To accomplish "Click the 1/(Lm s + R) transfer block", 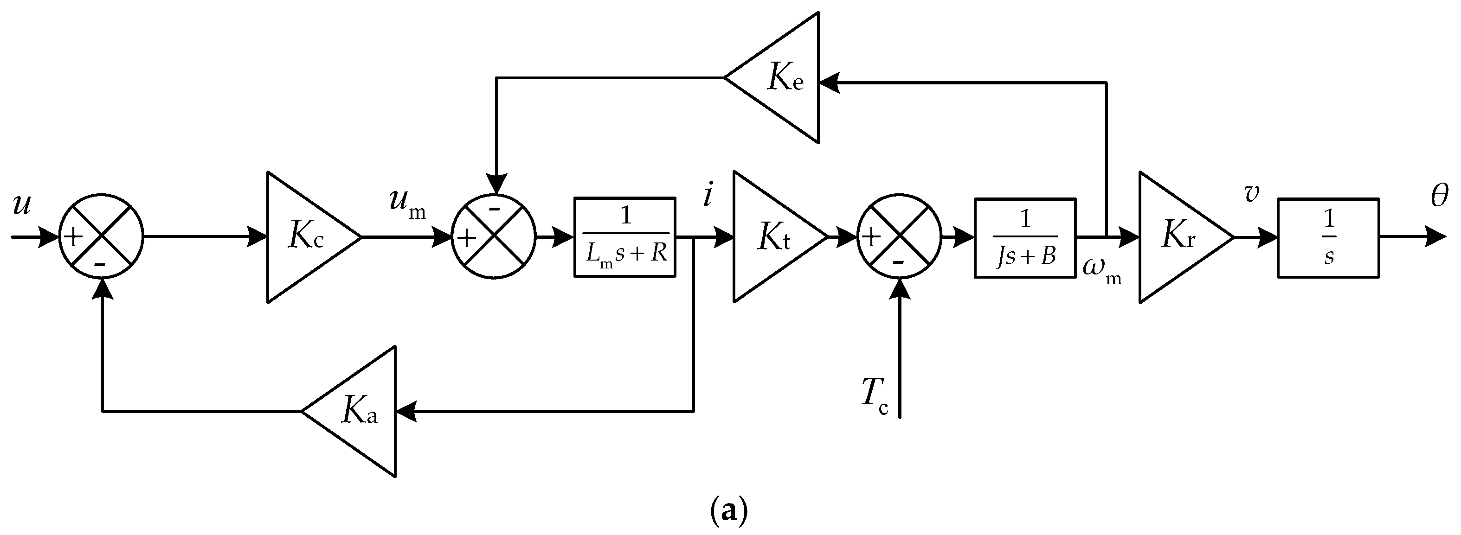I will point(625,237).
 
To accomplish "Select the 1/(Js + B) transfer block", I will point(1025,237).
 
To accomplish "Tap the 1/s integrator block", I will point(1329,237).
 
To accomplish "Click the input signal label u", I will point(21,205).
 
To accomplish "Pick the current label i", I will point(707,196).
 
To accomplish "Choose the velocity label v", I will point(1251,194).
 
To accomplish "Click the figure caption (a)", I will point(729,513).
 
